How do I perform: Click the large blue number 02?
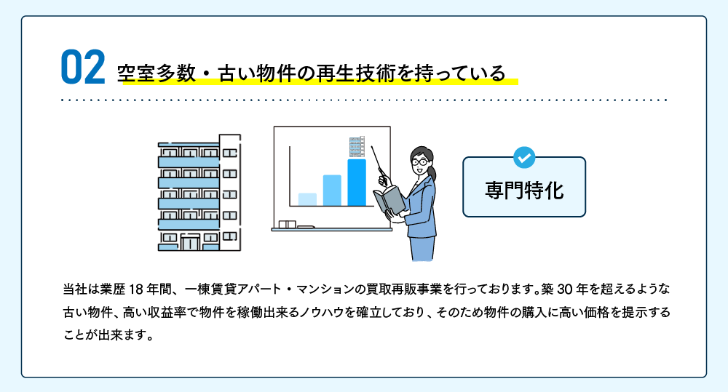(x=83, y=67)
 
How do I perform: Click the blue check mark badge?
(x=524, y=158)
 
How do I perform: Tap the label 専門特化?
(x=524, y=191)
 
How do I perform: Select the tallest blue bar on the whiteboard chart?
(x=357, y=183)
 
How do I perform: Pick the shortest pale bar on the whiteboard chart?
(x=307, y=199)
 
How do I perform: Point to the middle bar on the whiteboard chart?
(x=332, y=191)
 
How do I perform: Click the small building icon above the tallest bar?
(x=357, y=147)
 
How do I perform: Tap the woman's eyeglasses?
(x=420, y=162)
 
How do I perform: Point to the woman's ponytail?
(x=432, y=172)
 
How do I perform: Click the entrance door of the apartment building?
(x=190, y=244)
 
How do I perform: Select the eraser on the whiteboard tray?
(x=288, y=225)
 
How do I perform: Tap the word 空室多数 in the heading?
(x=157, y=73)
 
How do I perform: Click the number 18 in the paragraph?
(x=135, y=289)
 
